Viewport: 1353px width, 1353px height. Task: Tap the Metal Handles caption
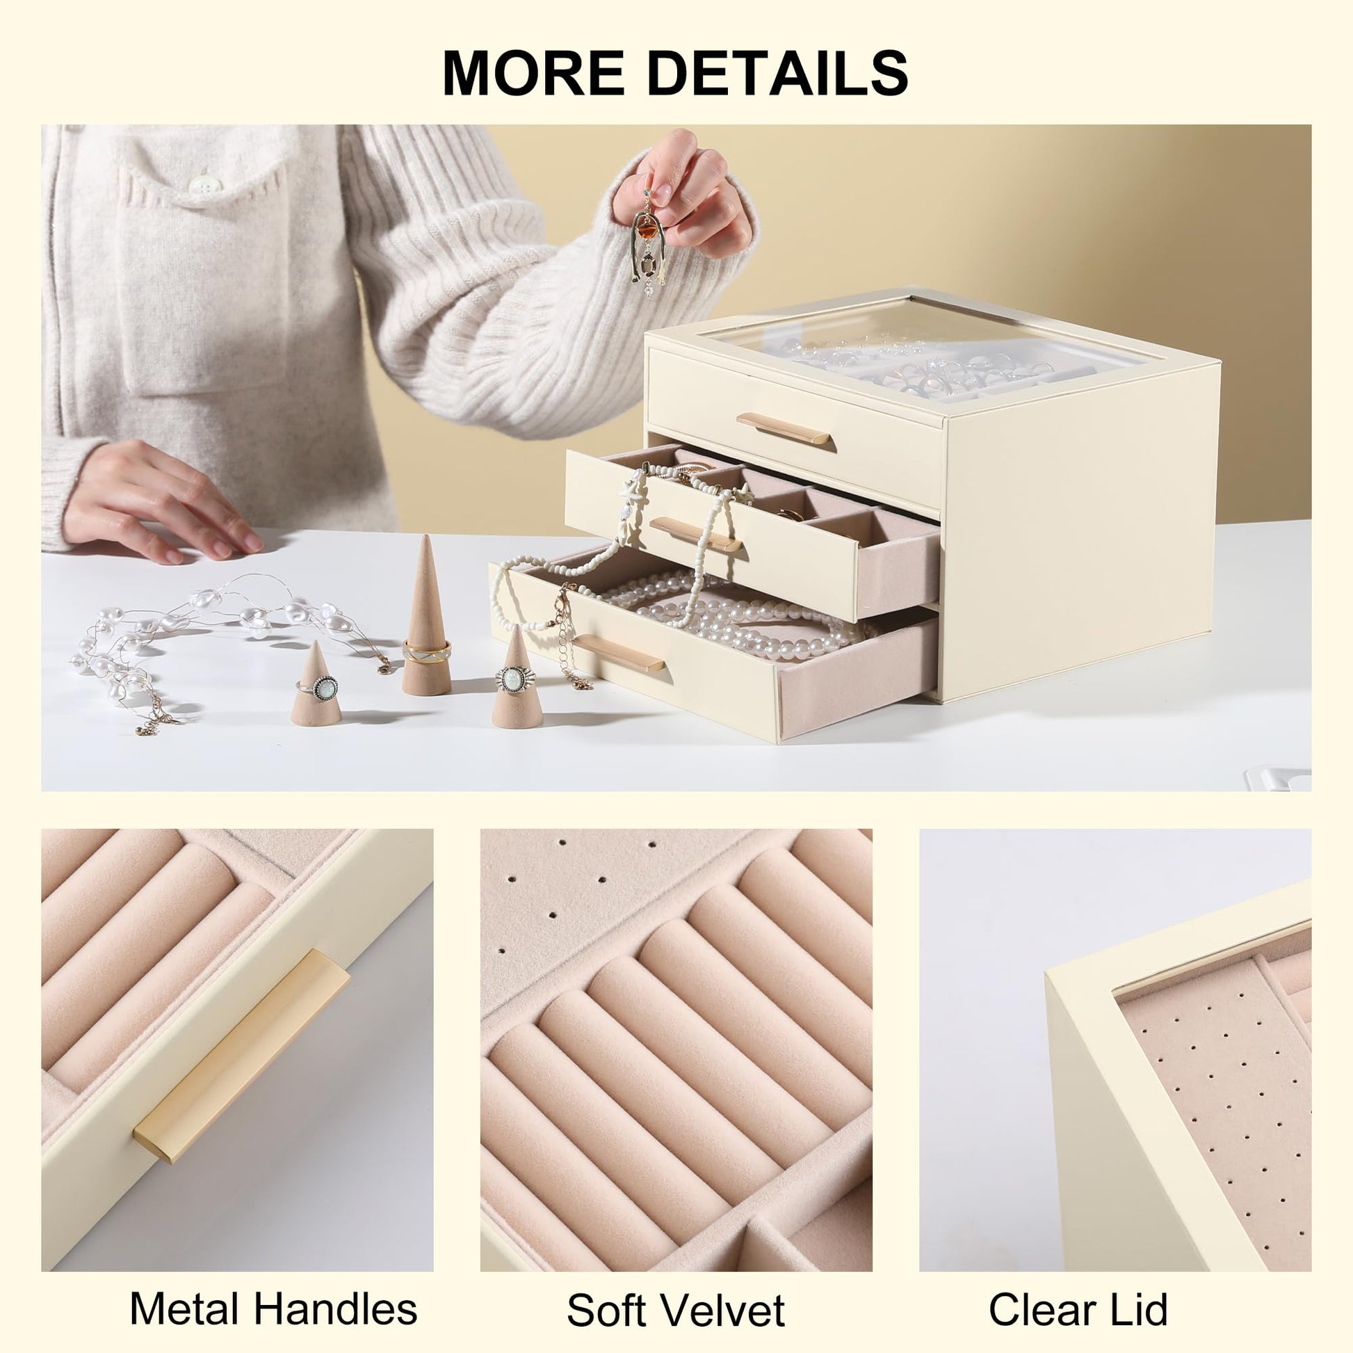[274, 1290]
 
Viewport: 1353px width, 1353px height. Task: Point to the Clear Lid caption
[1078, 1290]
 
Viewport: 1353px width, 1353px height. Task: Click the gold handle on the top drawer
[783, 428]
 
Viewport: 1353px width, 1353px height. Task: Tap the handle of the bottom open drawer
[618, 652]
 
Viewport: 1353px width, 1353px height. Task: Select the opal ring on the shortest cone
[323, 688]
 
